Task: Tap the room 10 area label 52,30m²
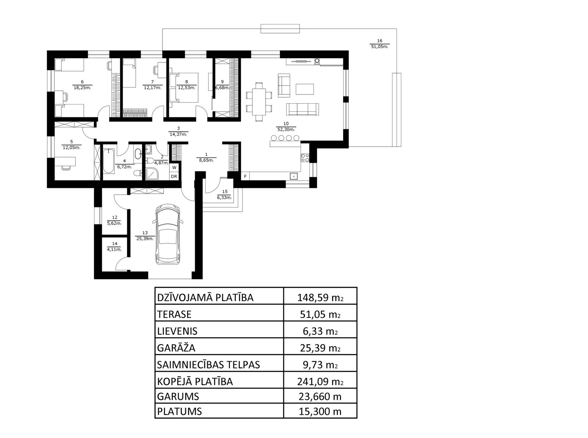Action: tap(286, 130)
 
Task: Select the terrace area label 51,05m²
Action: tap(380, 47)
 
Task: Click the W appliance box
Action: tap(174, 168)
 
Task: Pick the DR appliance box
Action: tap(174, 176)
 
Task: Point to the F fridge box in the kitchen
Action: tap(245, 176)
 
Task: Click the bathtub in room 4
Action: tap(109, 161)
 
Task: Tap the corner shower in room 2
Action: tap(152, 174)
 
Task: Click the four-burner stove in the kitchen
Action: tap(305, 158)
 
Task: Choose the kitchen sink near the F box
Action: tap(294, 176)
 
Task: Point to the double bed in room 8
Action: tap(184, 88)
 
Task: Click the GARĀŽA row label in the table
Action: tap(176, 348)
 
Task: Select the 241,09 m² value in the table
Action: tap(320, 381)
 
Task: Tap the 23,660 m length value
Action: tap(320, 396)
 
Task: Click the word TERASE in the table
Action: tap(174, 315)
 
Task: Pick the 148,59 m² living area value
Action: tap(320, 298)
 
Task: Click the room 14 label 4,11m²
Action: tap(114, 250)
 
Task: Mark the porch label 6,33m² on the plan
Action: tap(224, 198)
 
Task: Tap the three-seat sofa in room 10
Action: tap(302, 109)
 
